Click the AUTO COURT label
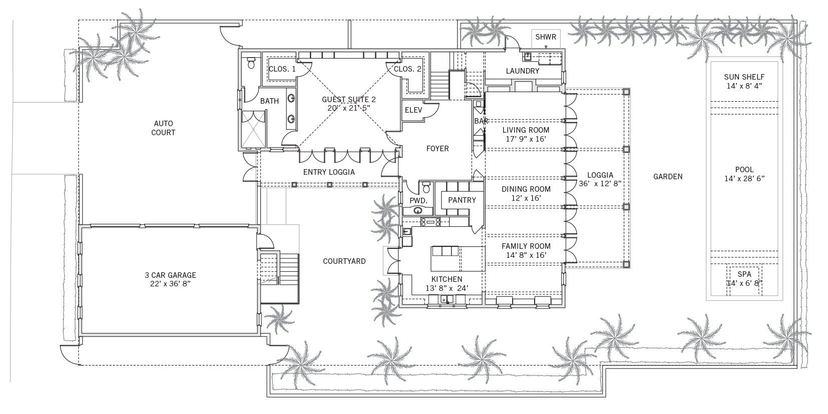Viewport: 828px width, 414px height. tap(163, 128)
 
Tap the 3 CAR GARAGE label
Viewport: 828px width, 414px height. tap(170, 275)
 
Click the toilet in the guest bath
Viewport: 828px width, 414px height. tap(251, 63)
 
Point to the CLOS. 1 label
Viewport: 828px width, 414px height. tap(282, 69)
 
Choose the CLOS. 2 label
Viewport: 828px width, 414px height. tap(407, 69)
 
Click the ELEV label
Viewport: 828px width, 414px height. tap(413, 110)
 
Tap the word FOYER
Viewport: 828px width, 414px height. tap(438, 149)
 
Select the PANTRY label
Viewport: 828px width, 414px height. tap(462, 200)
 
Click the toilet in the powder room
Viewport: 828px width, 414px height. tap(426, 187)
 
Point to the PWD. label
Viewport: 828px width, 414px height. tap(419, 201)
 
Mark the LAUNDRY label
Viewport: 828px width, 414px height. tap(522, 71)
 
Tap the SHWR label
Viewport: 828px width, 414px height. tap(546, 37)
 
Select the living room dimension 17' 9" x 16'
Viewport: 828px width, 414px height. tap(526, 139)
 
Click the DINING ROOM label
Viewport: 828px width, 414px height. tap(526, 189)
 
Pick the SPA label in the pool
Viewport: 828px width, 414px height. tap(744, 274)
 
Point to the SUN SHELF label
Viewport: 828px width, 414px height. tap(744, 77)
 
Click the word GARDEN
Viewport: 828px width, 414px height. tap(668, 177)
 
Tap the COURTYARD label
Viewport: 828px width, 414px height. tap(344, 261)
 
